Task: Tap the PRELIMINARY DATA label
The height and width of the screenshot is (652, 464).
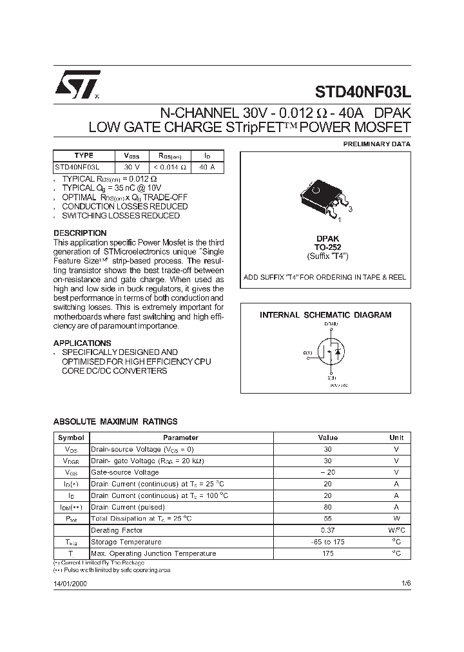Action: tap(376, 144)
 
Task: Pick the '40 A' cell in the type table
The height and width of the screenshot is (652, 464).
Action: tap(207, 167)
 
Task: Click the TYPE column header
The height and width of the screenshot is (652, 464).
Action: tap(84, 155)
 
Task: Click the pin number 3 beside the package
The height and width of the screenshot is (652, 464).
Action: tap(350, 209)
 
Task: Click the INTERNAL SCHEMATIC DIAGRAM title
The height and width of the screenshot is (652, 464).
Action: tap(325, 315)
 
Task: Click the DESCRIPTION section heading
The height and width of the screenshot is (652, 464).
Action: tap(80, 233)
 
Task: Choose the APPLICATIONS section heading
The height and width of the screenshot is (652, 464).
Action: tap(82, 343)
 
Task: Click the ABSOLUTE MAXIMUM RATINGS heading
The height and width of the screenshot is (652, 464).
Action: tap(115, 421)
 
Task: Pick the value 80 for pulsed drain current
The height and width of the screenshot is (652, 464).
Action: tap(327, 507)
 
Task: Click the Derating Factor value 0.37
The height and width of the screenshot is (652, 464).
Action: tap(327, 530)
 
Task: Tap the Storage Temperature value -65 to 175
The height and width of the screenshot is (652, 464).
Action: tap(327, 542)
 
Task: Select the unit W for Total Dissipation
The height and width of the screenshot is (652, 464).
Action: tap(396, 519)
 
